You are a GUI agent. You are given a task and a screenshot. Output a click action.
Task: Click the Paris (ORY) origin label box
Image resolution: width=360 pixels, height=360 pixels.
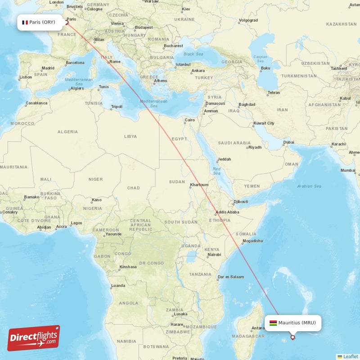[x=40, y=22]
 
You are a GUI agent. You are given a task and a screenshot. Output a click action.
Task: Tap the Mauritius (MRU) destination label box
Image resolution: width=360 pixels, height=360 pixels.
[x=293, y=323]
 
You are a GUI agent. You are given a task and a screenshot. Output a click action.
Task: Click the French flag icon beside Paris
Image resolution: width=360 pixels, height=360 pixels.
[x=25, y=22]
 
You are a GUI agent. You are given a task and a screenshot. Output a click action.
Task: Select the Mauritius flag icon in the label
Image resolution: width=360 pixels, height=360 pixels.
[x=273, y=323]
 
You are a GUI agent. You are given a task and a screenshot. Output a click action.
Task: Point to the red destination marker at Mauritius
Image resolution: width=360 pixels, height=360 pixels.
[x=293, y=337]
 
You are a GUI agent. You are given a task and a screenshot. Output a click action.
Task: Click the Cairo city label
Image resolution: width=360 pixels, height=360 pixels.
[x=190, y=120]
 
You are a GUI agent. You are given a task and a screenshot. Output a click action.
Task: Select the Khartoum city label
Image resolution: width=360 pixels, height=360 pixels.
[x=199, y=184]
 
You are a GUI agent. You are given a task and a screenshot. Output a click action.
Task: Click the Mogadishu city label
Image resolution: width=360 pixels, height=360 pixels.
[x=252, y=241]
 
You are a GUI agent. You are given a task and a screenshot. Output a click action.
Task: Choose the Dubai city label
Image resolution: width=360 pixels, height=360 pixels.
[x=289, y=143]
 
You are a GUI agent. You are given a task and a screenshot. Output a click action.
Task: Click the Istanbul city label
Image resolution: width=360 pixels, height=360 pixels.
[x=183, y=64]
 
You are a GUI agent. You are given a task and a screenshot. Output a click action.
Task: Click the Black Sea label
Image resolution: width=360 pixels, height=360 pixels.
[x=193, y=54]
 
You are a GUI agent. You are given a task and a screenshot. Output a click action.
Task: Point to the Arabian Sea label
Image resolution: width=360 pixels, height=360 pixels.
[x=309, y=186]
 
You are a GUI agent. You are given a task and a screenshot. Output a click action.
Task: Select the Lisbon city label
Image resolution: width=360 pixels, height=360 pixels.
[x=25, y=77]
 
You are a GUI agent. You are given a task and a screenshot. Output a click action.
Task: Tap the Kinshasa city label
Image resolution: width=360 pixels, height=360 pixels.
[x=128, y=266]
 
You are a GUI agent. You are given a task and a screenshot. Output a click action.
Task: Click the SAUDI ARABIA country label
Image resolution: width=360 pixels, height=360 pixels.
[x=234, y=143]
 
